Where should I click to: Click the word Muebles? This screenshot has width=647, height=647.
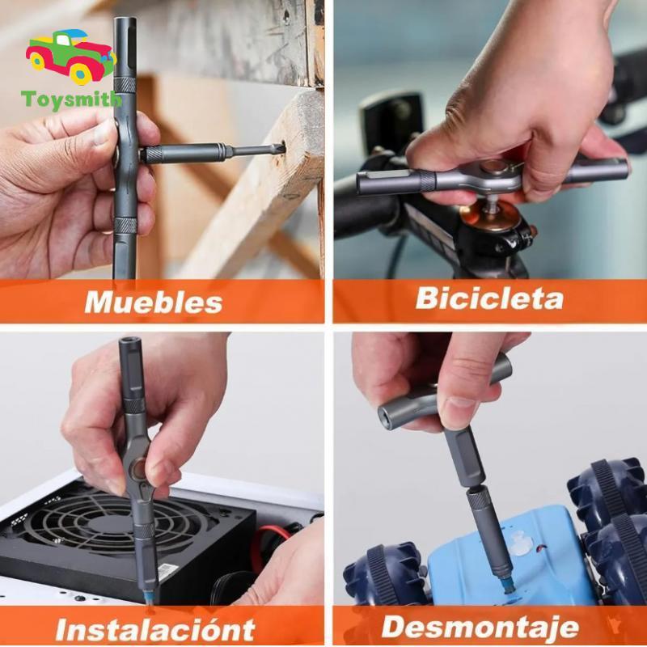point(154,302)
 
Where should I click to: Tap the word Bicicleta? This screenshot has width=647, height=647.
point(489,298)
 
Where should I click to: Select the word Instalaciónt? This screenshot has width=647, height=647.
point(155,629)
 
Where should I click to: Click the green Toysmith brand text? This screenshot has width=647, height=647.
point(71,100)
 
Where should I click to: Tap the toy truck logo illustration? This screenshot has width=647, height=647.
point(71,56)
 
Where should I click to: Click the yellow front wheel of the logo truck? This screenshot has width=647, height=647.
point(81,74)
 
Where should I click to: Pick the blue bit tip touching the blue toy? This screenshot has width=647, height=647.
point(508,584)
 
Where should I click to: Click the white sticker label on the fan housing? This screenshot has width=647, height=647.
point(168,572)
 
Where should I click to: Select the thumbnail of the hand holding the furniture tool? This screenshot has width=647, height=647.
point(102,131)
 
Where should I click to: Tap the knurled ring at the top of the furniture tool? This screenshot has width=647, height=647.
point(125,84)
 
